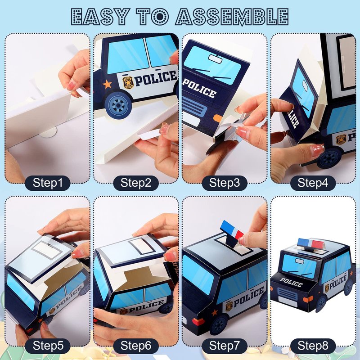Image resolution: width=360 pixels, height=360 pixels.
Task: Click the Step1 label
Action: (48, 183)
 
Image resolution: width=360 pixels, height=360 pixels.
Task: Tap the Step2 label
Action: (136, 183)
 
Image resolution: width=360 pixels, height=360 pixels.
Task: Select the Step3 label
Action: (225, 183)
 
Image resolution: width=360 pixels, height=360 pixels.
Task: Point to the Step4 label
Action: (313, 183)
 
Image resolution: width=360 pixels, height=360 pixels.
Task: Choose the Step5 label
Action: (48, 346)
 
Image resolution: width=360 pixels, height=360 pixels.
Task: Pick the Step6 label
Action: (136, 346)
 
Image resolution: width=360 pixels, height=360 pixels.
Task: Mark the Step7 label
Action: (225, 346)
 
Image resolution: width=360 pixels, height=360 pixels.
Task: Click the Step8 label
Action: (313, 346)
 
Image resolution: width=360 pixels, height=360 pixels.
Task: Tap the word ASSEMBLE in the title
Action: (232, 16)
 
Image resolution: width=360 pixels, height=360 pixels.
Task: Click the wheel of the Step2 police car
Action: (118, 105)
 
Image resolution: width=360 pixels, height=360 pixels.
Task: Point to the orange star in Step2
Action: (107, 84)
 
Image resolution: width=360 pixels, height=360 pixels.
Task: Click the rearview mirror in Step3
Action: (216, 59)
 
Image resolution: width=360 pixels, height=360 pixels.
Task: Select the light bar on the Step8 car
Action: (311, 244)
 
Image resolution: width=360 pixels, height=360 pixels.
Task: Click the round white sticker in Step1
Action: (48, 131)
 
